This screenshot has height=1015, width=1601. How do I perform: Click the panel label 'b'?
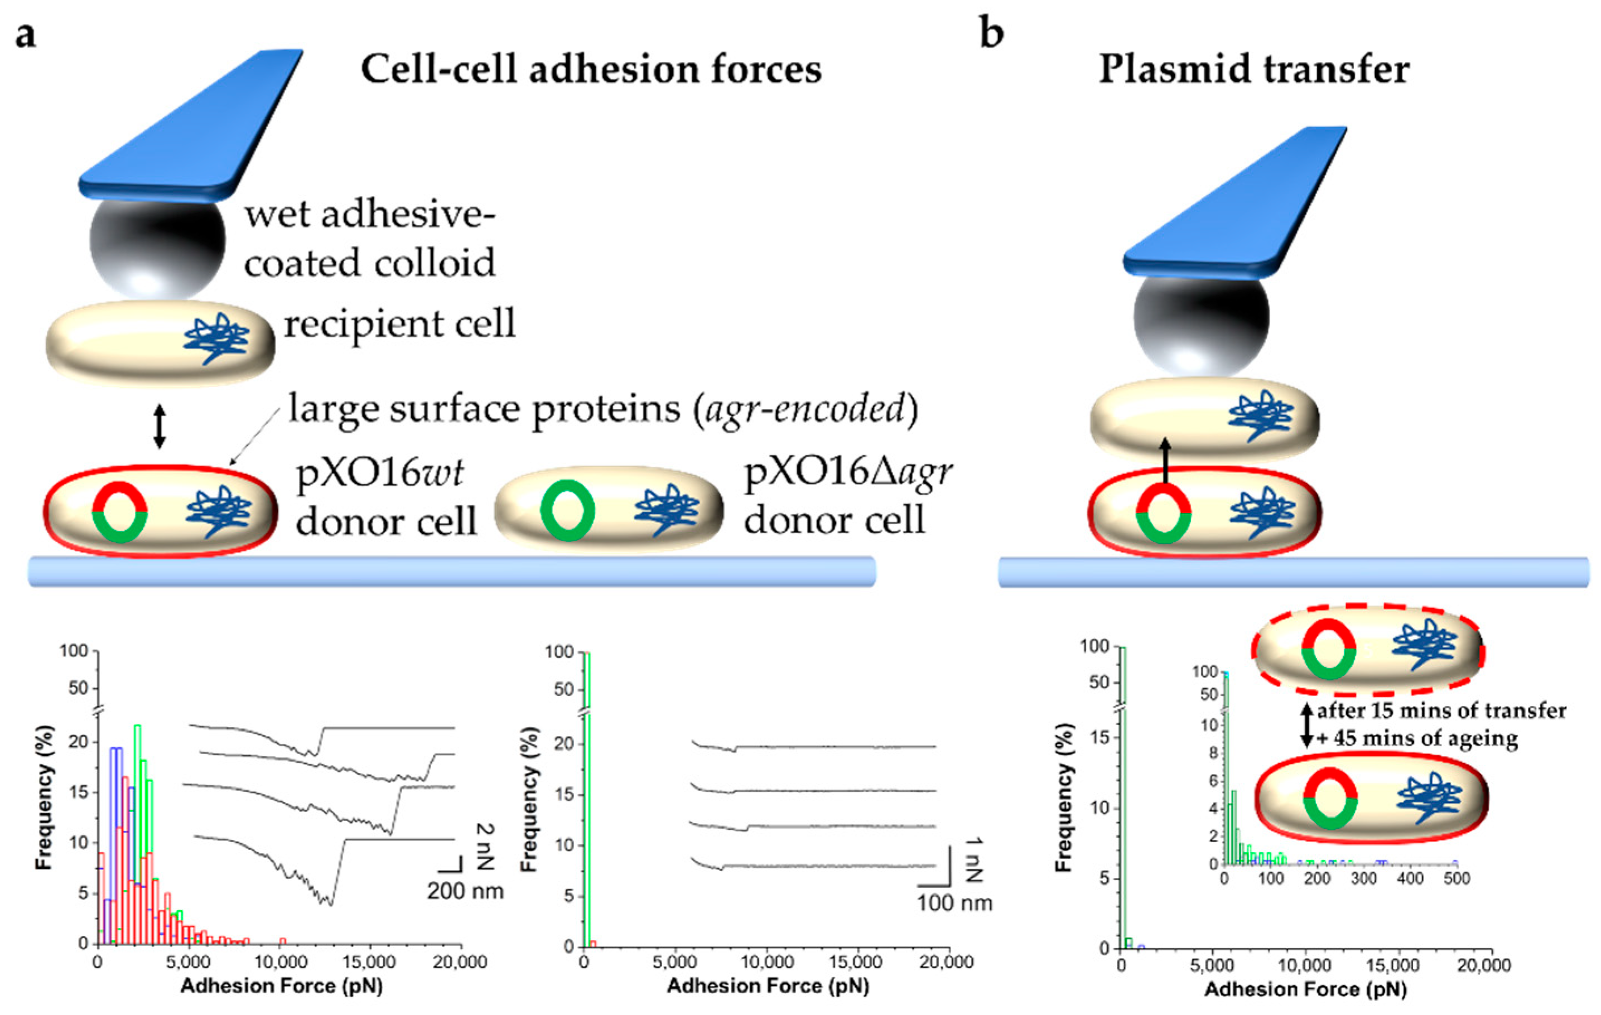pyautogui.click(x=991, y=33)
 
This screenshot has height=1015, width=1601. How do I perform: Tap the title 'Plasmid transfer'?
pyautogui.click(x=1253, y=69)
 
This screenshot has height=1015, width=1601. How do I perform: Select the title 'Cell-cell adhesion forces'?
pyautogui.click(x=591, y=69)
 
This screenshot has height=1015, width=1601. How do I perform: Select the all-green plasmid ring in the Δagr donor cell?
pyautogui.click(x=567, y=510)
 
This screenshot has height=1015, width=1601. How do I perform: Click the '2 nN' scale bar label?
pyautogui.click(x=486, y=846)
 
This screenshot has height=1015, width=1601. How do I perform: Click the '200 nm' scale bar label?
pyautogui.click(x=465, y=891)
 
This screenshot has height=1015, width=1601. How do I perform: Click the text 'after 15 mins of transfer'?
pyautogui.click(x=1441, y=710)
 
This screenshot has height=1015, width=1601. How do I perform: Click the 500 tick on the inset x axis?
pyautogui.click(x=1456, y=879)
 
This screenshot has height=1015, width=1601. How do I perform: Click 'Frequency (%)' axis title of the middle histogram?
pyautogui.click(x=529, y=797)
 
